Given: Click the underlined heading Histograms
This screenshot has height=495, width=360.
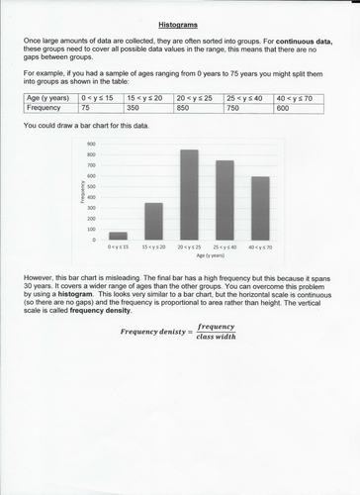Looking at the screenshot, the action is (179, 21).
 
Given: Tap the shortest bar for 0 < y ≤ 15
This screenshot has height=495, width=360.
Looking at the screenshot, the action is (118, 236).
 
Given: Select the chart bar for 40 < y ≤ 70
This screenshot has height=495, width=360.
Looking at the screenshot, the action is (261, 208).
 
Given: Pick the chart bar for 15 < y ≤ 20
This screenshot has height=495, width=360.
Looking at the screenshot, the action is (153, 221).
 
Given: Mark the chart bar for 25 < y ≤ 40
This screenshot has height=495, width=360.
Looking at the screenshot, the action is (225, 200).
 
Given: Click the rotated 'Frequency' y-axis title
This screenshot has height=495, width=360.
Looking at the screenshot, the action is (78, 191).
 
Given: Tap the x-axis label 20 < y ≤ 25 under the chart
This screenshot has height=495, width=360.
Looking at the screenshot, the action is (189, 246).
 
